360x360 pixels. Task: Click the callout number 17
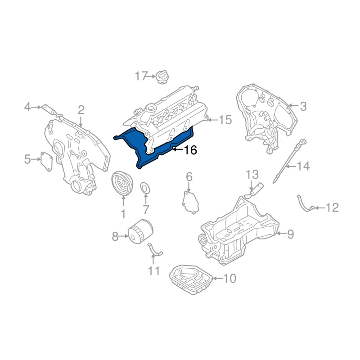pos(141,76)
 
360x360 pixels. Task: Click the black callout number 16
pos(190,150)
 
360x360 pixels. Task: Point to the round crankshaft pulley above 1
pos(122,184)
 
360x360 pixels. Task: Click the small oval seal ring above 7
pos(145,188)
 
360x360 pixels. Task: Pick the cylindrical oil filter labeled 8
pos(140,231)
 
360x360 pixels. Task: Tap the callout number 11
pos(153,271)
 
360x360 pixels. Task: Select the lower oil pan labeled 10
pos(191,279)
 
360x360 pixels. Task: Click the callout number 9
pos(290,234)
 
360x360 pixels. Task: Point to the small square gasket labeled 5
pos(46,162)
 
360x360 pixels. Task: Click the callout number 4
pos(27,107)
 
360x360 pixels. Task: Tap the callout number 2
pos(81,110)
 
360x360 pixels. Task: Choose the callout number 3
pos(303,107)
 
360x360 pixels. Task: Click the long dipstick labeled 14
pos(289,161)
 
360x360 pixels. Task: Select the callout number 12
pos(332,207)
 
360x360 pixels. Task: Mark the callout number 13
pos(252,175)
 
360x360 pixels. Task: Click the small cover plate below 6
pos(190,202)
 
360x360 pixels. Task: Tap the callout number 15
pos(225,120)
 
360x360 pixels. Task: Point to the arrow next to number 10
pos(218,279)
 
